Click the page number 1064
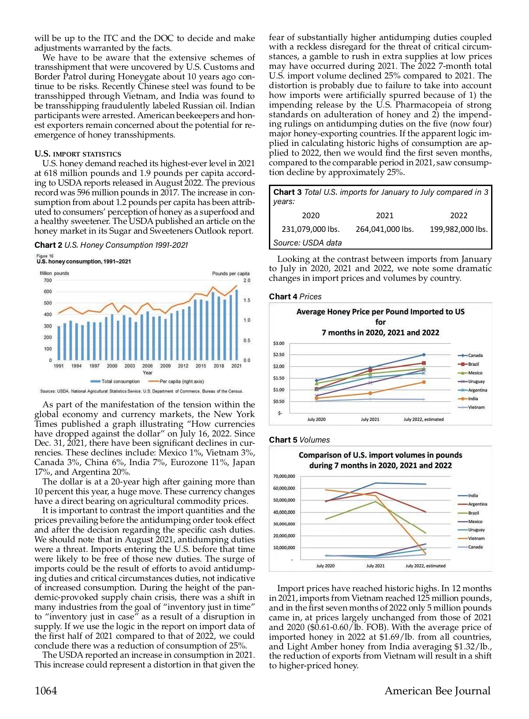click(46, 691)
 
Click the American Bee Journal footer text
click(437, 691)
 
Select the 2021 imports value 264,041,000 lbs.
click(384, 229)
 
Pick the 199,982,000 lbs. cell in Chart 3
click(458, 229)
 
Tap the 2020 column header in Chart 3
click(310, 216)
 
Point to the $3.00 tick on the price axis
click(279, 343)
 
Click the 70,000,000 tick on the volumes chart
click(284, 477)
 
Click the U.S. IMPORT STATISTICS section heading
click(78, 154)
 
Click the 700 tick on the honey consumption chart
click(48, 280)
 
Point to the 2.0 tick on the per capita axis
click(247, 280)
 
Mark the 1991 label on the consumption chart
click(59, 366)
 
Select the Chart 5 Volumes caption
click(299, 440)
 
